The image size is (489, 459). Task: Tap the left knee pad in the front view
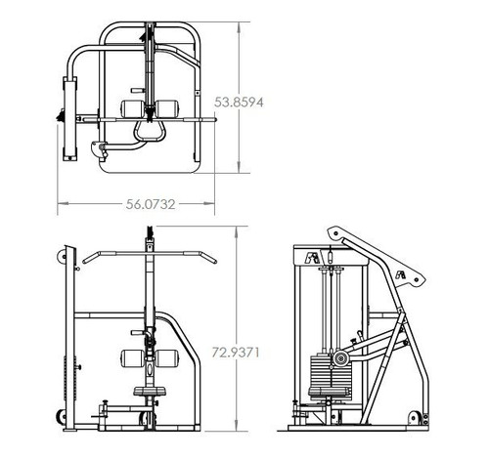tap(132, 357)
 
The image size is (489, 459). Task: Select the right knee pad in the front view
tap(170, 357)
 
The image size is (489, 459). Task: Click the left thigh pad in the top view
tap(133, 105)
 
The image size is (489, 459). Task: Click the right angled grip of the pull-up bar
tap(204, 257)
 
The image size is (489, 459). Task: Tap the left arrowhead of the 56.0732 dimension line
tap(62, 204)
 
